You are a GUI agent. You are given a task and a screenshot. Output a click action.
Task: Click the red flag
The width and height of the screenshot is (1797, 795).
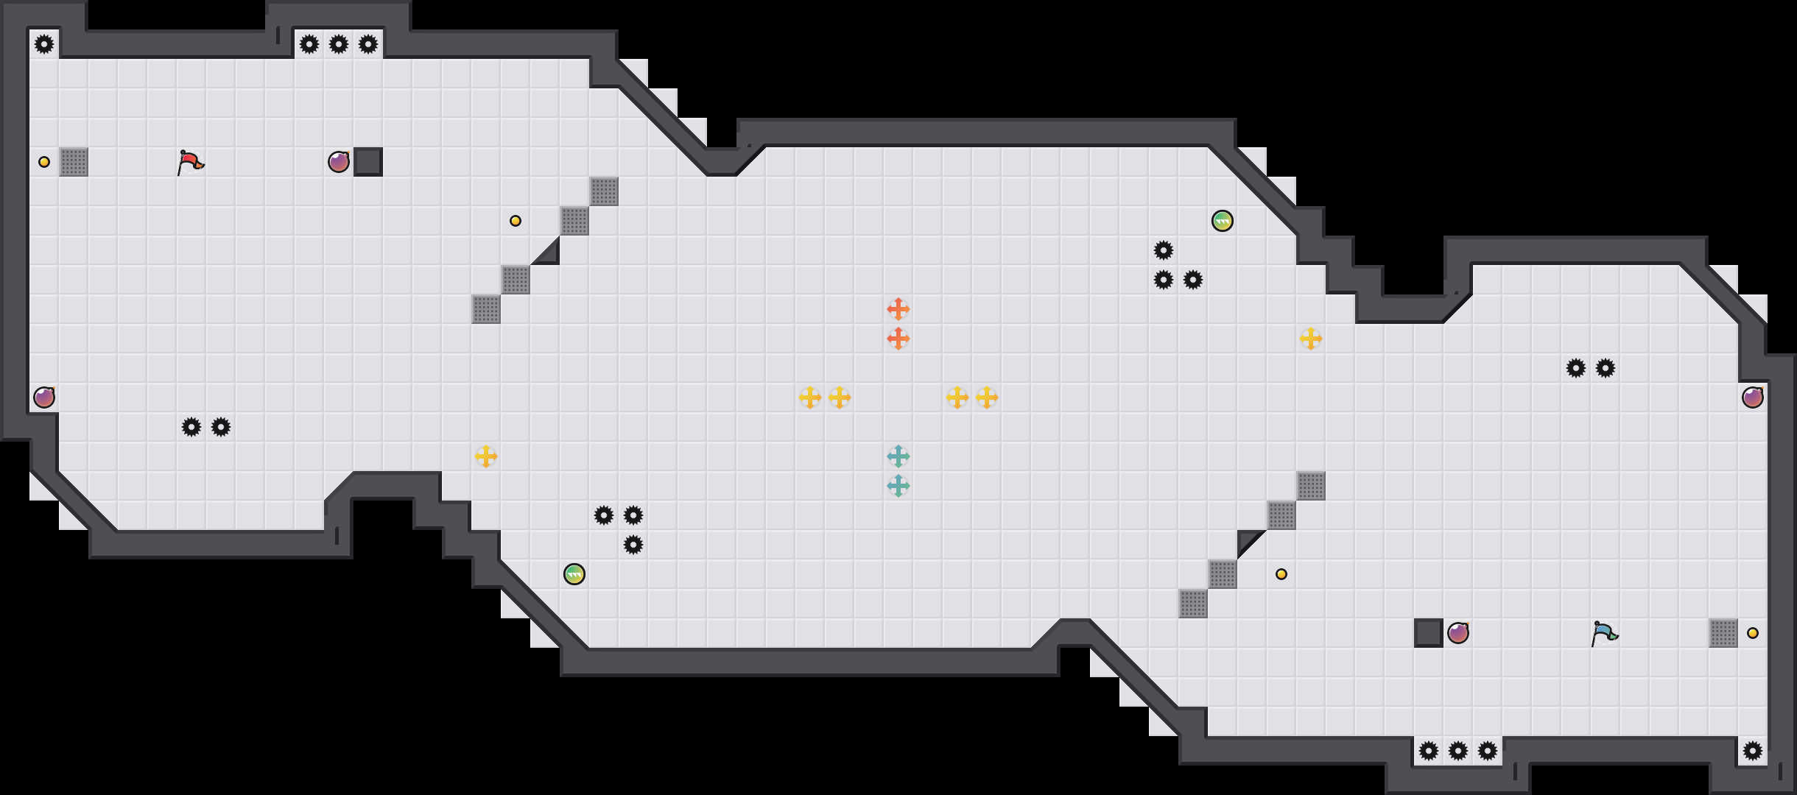pos(190,162)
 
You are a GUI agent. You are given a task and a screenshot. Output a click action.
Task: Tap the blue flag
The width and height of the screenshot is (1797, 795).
pos(1604,633)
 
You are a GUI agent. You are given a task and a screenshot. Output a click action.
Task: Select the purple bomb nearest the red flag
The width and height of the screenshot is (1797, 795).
pos(339,162)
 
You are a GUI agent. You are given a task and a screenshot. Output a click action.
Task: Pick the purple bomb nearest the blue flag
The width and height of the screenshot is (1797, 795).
pos(1458,633)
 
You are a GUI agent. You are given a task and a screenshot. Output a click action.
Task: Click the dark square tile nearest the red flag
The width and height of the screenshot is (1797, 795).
pos(368,162)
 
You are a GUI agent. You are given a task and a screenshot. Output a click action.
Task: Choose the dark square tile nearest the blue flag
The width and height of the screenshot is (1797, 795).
pos(1429,633)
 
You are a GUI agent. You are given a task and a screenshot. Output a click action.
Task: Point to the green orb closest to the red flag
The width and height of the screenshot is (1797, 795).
pos(574,574)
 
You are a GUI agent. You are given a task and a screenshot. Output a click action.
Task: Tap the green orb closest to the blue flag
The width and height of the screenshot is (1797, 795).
pos(1223,221)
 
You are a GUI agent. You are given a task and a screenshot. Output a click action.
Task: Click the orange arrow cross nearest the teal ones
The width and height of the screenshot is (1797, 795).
pos(898,339)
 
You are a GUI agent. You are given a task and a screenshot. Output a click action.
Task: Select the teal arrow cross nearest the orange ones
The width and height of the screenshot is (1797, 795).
pos(898,456)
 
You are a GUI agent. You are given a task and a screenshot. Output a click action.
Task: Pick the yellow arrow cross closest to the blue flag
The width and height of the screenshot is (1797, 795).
pos(1311,339)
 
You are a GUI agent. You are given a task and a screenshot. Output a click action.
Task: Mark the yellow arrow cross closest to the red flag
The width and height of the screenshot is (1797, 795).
pos(486,456)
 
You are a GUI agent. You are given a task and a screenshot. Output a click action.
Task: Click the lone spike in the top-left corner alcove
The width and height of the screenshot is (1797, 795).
pos(44,44)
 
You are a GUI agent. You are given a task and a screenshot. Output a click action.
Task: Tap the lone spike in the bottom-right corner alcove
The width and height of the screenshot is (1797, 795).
pos(1753,751)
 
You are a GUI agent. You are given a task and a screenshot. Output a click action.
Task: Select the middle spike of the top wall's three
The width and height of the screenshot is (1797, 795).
pos(339,44)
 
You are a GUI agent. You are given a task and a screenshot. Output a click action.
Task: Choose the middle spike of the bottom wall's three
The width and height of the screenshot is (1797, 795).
pos(1458,751)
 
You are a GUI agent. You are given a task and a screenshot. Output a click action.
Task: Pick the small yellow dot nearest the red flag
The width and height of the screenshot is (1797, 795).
pos(44,162)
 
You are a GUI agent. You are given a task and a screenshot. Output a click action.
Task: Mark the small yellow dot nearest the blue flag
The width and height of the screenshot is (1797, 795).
pos(1753,633)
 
